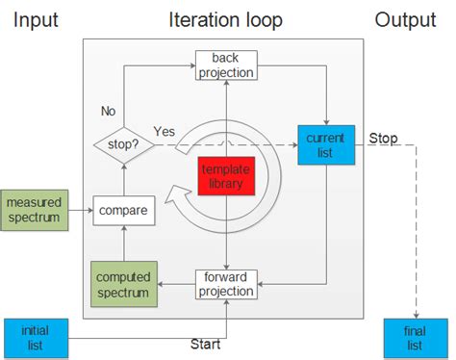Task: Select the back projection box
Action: click(x=225, y=65)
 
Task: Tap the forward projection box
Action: click(x=226, y=284)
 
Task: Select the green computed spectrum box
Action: click(x=122, y=284)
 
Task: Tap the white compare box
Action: click(x=122, y=210)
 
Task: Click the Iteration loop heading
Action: click(x=226, y=19)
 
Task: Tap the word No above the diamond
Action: click(x=109, y=112)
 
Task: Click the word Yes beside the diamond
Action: click(x=165, y=130)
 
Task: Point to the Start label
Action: click(x=204, y=345)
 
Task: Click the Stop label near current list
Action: click(x=384, y=139)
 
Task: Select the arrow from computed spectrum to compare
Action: click(x=122, y=244)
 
